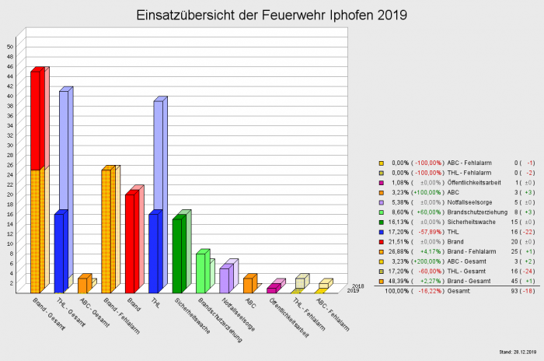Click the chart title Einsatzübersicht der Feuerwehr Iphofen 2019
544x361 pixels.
271,16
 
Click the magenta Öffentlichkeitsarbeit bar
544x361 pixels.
272,289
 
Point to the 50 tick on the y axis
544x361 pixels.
10,46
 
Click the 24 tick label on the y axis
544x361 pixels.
10,174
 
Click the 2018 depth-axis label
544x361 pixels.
358,286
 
